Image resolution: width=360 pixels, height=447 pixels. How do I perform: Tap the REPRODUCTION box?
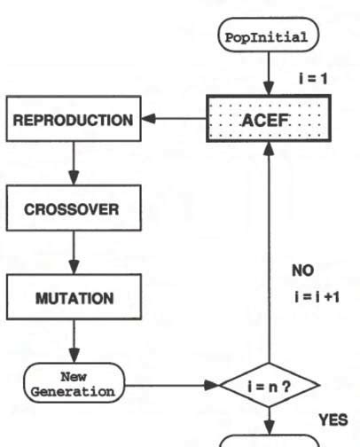click(x=70, y=119)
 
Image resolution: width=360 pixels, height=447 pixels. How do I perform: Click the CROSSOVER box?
click(x=70, y=212)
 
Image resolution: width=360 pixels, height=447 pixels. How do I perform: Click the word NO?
click(x=302, y=270)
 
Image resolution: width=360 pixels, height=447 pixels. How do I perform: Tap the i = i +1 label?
click(x=314, y=297)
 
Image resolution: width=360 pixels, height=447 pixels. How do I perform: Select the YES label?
click(x=333, y=420)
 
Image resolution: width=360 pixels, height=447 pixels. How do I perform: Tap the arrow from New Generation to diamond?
click(x=173, y=386)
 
